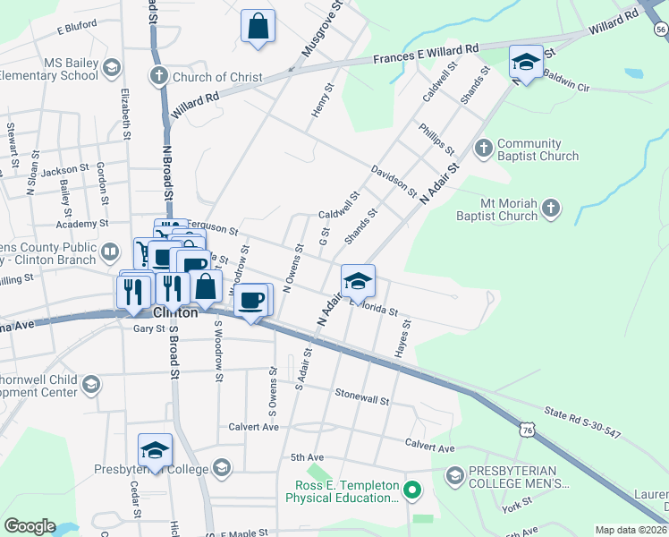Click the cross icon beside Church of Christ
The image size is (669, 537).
click(159, 76)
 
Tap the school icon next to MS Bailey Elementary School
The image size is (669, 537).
click(112, 68)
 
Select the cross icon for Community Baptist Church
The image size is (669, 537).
click(483, 148)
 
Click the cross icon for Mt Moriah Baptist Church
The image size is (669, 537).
click(551, 209)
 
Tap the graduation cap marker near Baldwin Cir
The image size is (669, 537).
click(526, 62)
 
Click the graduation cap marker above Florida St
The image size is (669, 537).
click(358, 281)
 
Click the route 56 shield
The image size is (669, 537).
click(660, 30)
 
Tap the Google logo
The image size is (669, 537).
click(30, 526)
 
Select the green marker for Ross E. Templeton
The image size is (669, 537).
click(411, 489)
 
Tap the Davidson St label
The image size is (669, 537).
click(394, 180)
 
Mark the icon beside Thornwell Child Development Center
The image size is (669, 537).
click(90, 384)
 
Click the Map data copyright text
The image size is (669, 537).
click(631, 530)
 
